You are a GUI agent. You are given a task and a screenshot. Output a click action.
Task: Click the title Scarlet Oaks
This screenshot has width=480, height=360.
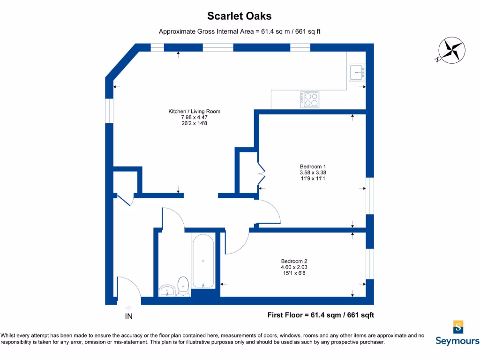point(240,16)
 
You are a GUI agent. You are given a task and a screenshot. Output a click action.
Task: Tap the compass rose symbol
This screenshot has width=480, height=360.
point(450,51)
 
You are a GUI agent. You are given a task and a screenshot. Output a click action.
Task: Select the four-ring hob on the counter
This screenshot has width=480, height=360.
point(309,99)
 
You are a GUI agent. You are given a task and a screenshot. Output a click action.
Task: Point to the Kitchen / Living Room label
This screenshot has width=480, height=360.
point(194,112)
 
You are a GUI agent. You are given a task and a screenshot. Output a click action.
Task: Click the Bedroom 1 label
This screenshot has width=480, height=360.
point(313,166)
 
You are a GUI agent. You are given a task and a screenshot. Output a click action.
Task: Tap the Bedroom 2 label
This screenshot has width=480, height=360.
point(294,261)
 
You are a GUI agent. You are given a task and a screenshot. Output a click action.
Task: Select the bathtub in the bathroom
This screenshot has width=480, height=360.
point(203,261)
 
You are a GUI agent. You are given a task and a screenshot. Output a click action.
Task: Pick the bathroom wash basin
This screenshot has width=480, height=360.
point(167,291)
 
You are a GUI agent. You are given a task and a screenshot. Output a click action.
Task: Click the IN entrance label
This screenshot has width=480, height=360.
point(128,316)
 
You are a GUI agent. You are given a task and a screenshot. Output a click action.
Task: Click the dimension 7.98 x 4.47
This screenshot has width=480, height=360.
point(194,118)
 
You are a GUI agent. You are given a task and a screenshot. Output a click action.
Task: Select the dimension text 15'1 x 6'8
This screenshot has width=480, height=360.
point(294,274)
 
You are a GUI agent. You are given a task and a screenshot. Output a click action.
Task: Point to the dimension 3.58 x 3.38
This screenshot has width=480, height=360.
point(313,172)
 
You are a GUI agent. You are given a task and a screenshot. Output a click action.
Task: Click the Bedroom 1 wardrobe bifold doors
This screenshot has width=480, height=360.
point(262,174)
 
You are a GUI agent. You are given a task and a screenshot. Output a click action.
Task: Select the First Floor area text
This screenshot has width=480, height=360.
point(321,315)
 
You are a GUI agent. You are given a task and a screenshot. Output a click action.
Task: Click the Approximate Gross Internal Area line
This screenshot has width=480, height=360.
point(240,32)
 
